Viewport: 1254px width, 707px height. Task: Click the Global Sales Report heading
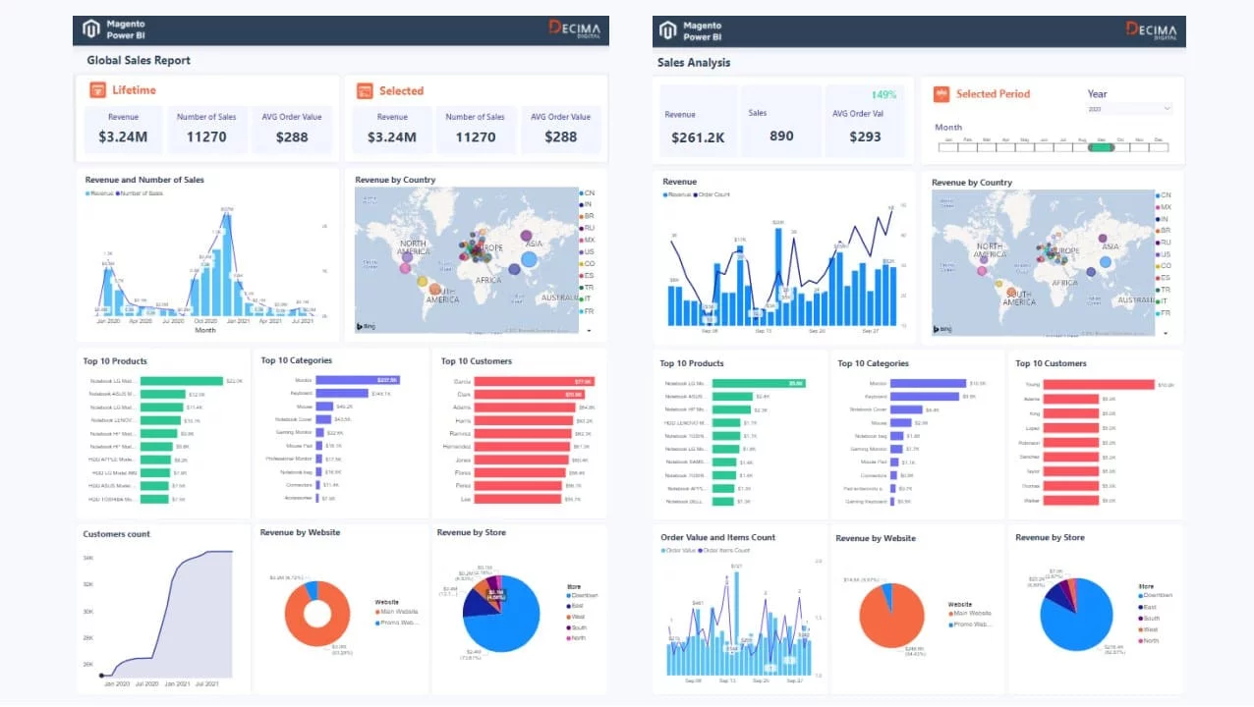[x=139, y=61]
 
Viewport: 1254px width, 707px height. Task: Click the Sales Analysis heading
[x=694, y=63]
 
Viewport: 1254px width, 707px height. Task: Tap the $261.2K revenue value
[x=698, y=137]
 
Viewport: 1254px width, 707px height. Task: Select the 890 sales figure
[x=781, y=136]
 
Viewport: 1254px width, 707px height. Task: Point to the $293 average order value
[x=865, y=137]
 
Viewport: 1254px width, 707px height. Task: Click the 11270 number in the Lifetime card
[x=206, y=136]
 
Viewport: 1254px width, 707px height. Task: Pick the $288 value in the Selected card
[x=560, y=136]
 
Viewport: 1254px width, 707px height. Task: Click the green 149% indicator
[x=883, y=95]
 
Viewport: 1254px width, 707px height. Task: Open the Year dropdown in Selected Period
[x=1129, y=109]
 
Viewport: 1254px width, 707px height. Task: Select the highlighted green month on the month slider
[x=1101, y=146]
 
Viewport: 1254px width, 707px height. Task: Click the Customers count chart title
[x=117, y=534]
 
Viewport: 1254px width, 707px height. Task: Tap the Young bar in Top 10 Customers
[x=1098, y=385]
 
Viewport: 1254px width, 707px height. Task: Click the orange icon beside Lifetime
[x=97, y=90]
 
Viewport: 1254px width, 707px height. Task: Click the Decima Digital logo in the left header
[x=575, y=29]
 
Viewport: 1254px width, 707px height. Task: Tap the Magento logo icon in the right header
[x=668, y=30]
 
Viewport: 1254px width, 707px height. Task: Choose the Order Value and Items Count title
[x=717, y=537]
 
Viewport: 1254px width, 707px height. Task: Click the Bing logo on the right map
[x=944, y=329]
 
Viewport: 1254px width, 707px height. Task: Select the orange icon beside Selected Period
[x=940, y=94]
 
